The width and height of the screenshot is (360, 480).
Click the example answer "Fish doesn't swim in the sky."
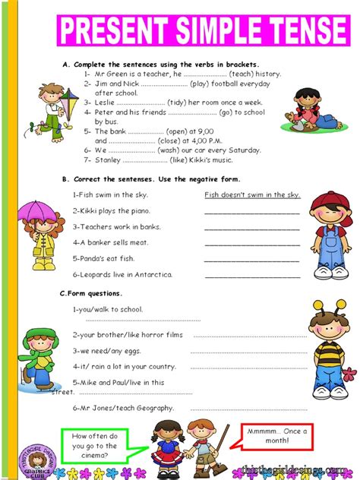[252, 195]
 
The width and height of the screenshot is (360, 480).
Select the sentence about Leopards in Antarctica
[122, 274]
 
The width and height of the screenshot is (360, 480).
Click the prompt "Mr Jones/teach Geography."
[123, 408]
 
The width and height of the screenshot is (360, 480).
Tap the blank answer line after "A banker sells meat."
[252, 242]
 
